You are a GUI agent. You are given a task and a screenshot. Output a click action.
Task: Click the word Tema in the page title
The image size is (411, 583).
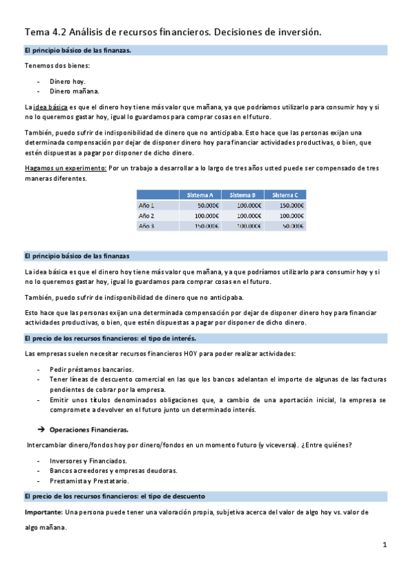[36, 32]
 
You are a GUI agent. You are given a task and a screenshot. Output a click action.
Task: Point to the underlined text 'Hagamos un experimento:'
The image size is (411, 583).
[65, 168]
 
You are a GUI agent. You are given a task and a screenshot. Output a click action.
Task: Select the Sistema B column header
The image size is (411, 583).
[242, 195]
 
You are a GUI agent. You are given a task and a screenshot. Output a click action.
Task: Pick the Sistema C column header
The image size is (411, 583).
[285, 195]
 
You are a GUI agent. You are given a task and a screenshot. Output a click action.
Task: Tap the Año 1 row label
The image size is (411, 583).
[147, 206]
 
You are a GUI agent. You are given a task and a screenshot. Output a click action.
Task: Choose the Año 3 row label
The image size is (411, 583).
[147, 225]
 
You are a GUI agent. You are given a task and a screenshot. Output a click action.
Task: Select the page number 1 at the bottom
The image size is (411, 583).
[385, 544]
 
